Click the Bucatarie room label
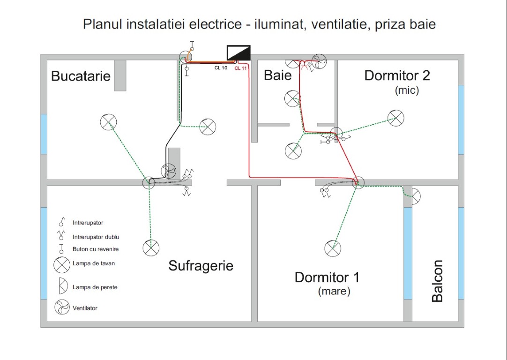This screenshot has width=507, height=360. [81, 76]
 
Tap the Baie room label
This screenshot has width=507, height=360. [278, 75]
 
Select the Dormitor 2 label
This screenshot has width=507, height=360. [397, 75]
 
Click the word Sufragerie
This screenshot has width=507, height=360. [201, 266]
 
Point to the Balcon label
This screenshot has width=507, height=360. [437, 281]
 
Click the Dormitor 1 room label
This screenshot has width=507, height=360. [327, 277]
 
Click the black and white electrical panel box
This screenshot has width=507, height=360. [239, 53]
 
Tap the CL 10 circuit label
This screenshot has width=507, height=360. [221, 68]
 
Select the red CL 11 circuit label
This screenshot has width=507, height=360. [241, 68]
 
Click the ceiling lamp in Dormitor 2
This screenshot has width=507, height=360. [396, 118]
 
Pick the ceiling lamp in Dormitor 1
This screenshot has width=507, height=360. [333, 248]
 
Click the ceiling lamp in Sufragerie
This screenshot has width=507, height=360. [151, 247]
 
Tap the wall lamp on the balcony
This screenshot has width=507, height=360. [415, 197]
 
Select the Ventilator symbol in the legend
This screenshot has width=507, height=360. [62, 307]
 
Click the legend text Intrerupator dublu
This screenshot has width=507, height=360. [96, 237]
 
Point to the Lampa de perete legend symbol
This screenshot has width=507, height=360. [62, 286]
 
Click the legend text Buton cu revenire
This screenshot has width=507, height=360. [96, 250]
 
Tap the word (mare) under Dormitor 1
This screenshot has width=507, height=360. [334, 291]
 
